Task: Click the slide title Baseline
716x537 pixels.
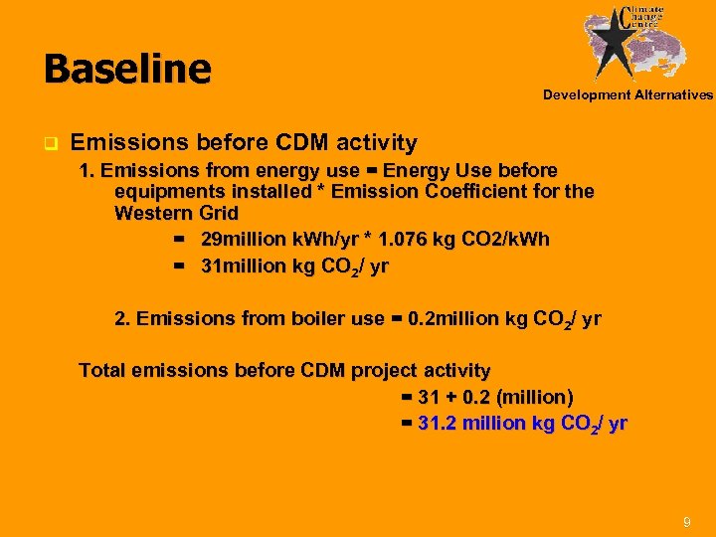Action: (x=127, y=70)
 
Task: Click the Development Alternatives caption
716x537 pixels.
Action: (x=627, y=95)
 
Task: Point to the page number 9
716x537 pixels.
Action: (x=686, y=522)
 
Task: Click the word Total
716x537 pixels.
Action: (x=103, y=371)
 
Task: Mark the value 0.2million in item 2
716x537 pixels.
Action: (x=453, y=319)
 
